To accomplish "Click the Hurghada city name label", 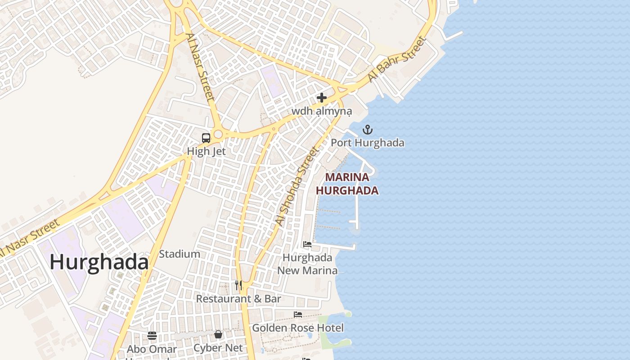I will point(99,262).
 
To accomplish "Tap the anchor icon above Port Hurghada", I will point(368,130).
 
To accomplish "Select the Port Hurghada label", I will point(368,143).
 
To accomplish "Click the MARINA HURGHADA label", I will point(347,184).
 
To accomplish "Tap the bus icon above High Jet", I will point(206,138).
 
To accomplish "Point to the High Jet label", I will point(206,151).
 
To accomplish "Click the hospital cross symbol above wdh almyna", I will point(321,97).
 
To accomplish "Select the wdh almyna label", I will point(321,111).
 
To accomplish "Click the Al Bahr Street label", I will point(396,59).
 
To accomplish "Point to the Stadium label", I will point(180,254).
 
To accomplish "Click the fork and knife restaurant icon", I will point(238,285).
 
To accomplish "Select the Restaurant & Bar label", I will point(238,299).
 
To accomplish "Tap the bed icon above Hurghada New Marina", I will point(307,244).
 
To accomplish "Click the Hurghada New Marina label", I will point(307,264).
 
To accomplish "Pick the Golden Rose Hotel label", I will point(298,328).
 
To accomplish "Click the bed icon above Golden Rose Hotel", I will point(298,314).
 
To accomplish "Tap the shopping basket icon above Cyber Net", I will point(218,334).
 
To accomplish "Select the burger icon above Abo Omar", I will point(152,336).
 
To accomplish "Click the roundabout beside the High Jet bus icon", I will point(218,134).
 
